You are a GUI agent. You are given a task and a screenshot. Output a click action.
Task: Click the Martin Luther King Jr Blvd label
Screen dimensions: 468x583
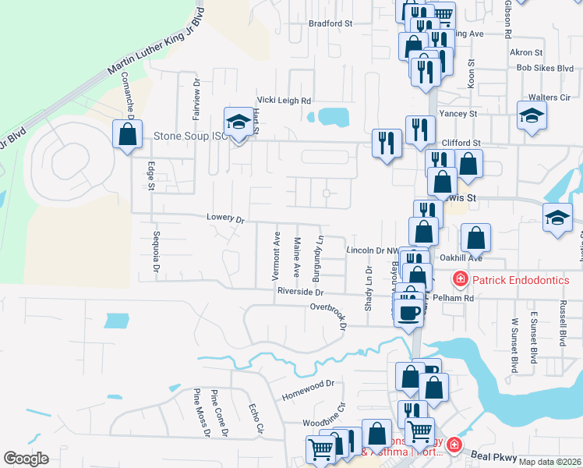(x=155, y=53)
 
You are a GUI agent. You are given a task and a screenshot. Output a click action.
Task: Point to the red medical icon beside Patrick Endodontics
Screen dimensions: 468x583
(x=461, y=279)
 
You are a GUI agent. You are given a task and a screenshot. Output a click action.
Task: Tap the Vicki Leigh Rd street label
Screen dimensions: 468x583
(x=284, y=101)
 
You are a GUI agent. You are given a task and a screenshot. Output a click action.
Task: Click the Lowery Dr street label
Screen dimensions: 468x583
(x=226, y=218)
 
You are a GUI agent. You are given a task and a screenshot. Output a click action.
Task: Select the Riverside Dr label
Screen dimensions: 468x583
(x=300, y=291)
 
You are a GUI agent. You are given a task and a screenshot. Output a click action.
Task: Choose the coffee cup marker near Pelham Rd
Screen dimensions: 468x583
(x=409, y=314)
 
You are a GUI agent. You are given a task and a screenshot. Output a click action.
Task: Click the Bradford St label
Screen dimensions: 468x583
(x=330, y=23)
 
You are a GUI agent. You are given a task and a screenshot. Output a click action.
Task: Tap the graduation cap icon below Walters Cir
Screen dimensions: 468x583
(x=532, y=115)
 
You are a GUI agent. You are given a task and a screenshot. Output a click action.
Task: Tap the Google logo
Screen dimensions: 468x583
(x=26, y=458)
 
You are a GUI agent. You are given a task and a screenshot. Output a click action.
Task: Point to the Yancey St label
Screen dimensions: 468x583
(x=458, y=113)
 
